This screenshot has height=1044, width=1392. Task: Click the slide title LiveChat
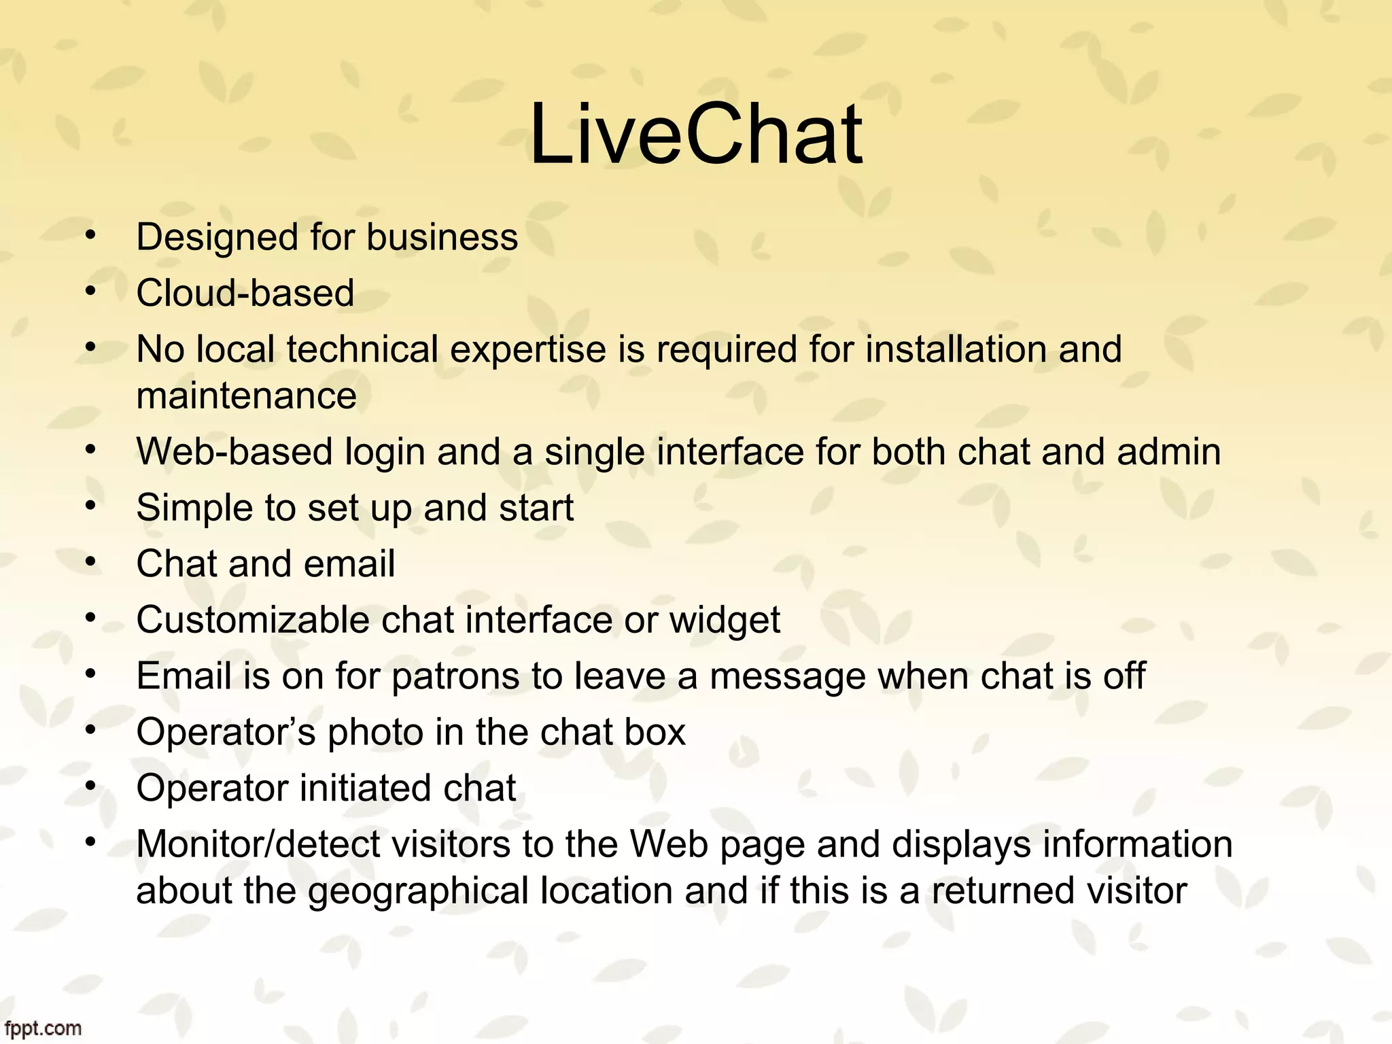pos(695,134)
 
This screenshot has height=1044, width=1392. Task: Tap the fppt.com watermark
pos(42,1028)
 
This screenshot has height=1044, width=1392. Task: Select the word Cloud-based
pos(245,293)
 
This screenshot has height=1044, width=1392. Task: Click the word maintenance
pos(246,396)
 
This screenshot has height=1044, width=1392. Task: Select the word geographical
pos(418,892)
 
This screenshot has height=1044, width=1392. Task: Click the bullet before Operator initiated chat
pos(90,786)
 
